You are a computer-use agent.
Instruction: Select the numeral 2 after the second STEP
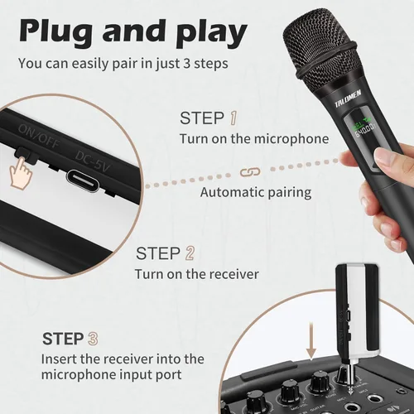coord(190,253)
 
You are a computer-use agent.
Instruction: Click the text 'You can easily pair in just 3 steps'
coord(124,63)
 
